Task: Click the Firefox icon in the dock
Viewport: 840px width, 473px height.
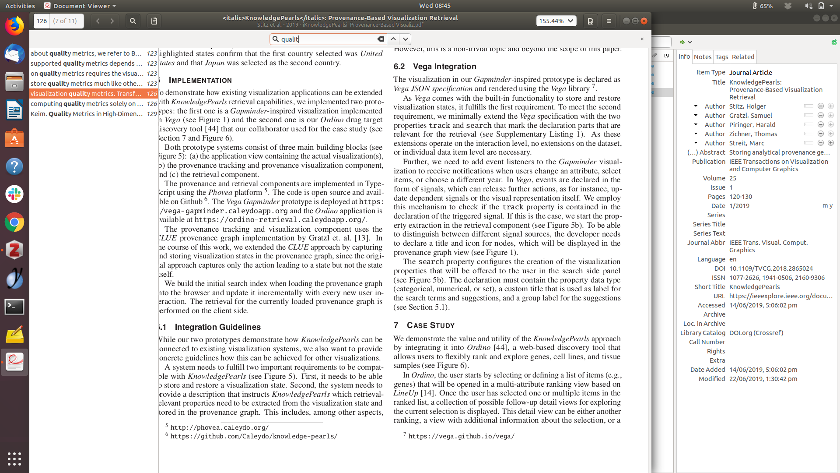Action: click(x=14, y=26)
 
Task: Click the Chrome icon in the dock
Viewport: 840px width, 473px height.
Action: click(x=14, y=222)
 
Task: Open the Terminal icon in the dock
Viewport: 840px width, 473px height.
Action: click(x=14, y=307)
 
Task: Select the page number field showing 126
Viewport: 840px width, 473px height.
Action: click(x=42, y=21)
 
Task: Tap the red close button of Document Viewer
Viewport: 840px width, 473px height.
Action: click(x=644, y=21)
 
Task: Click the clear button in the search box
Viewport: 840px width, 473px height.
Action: click(x=381, y=39)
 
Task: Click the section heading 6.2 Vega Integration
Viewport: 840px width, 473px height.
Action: click(x=435, y=67)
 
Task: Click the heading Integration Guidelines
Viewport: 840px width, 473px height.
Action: click(x=217, y=327)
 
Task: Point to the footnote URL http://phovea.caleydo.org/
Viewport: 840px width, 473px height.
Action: click(x=220, y=427)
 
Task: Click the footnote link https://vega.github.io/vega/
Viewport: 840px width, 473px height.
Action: click(x=461, y=436)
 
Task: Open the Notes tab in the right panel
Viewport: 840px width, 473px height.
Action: click(x=703, y=57)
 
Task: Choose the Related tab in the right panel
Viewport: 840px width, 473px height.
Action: click(x=743, y=57)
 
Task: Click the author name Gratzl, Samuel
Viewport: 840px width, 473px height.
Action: click(x=751, y=116)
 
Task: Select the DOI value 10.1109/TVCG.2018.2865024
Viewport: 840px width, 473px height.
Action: click(x=771, y=268)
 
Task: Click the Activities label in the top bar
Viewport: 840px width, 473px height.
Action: click(x=20, y=6)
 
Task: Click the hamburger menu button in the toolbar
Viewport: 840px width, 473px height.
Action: click(x=609, y=21)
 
